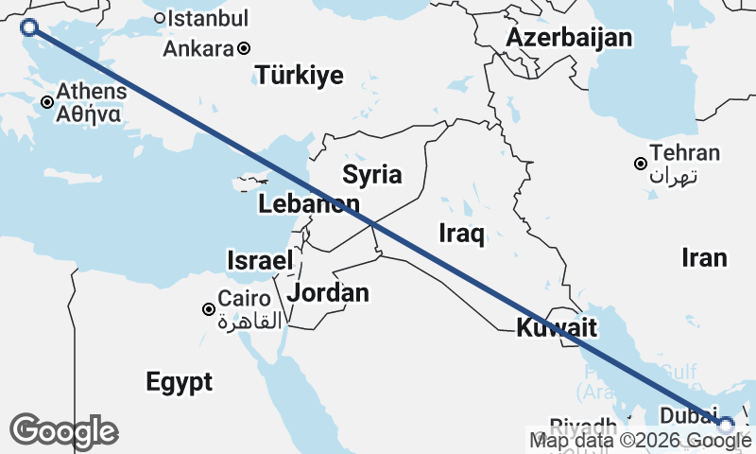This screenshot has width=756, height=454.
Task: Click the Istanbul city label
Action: click(208, 18)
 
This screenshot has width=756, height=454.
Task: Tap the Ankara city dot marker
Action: click(244, 48)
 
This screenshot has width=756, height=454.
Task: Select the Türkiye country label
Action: click(300, 77)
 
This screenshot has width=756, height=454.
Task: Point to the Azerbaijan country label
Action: click(568, 38)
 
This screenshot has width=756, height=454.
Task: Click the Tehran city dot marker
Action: click(641, 164)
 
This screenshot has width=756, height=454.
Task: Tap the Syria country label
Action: click(371, 174)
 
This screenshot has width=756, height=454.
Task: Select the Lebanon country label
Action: click(308, 204)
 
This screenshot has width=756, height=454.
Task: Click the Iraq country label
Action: click(462, 234)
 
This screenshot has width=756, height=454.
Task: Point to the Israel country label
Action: click(260, 260)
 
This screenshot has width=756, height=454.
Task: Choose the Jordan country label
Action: click(328, 293)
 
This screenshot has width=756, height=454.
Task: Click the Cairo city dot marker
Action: click(209, 309)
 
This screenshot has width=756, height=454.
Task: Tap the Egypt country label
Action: click(179, 382)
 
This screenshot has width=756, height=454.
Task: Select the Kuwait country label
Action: click(557, 329)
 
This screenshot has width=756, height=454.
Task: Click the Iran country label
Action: click(705, 257)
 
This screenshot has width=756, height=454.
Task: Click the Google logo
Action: click(63, 431)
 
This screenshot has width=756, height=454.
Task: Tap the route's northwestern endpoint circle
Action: click(29, 27)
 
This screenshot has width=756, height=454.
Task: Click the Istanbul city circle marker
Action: click(160, 17)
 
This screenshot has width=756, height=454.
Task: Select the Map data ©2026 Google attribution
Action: click(633, 440)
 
